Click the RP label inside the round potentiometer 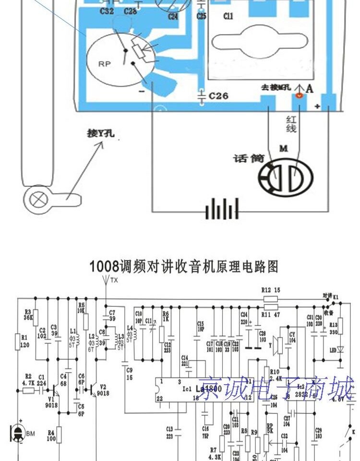[x=104, y=63]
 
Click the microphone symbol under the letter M [x=286, y=178]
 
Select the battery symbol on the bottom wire [x=222, y=209]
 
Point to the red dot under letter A [x=299, y=97]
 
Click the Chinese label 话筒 [x=249, y=158]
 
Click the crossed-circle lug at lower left [x=37, y=198]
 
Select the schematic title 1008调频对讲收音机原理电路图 [x=183, y=267]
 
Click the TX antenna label [x=114, y=280]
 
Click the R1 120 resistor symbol [x=18, y=342]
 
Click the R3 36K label [x=27, y=315]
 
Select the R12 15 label [x=270, y=290]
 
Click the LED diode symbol [x=340, y=349]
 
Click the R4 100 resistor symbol [x=59, y=435]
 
